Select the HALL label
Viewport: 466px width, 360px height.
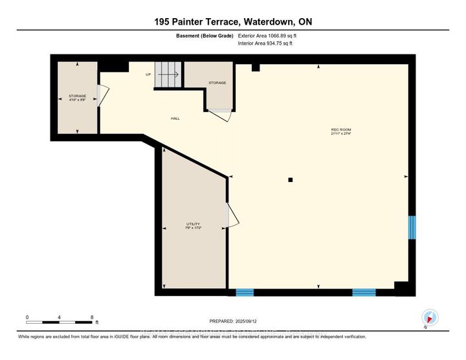tap(175, 118)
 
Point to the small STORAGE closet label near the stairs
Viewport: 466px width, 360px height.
tap(217, 83)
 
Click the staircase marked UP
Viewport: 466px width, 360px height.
tap(168, 74)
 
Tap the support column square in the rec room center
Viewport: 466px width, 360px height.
tap(291, 179)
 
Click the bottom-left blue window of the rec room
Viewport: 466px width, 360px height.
tap(245, 293)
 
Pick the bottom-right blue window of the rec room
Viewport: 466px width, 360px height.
tap(364, 293)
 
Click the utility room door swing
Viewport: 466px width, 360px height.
tap(232, 216)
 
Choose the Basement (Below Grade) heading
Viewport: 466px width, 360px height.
tap(206, 36)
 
